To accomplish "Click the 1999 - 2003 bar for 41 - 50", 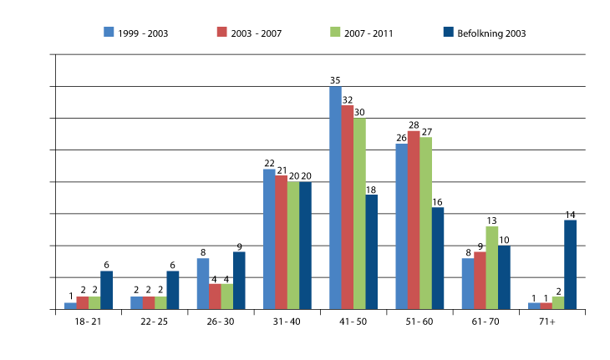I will (335, 198).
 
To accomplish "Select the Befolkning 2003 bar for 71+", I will (570, 264).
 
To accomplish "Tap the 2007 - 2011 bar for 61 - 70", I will (491, 267).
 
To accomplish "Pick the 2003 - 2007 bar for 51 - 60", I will (413, 220).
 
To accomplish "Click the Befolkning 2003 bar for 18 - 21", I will (106, 290).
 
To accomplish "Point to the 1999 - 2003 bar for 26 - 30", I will (203, 283).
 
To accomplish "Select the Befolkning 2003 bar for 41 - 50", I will (371, 251).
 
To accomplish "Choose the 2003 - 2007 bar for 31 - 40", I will (282, 241).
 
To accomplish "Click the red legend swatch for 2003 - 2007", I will (221, 33).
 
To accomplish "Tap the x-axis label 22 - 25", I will (155, 321).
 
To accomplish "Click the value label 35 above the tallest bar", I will (335, 80).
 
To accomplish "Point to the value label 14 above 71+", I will (571, 215).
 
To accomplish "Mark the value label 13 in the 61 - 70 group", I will (492, 221).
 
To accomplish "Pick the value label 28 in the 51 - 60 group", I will (413, 125).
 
